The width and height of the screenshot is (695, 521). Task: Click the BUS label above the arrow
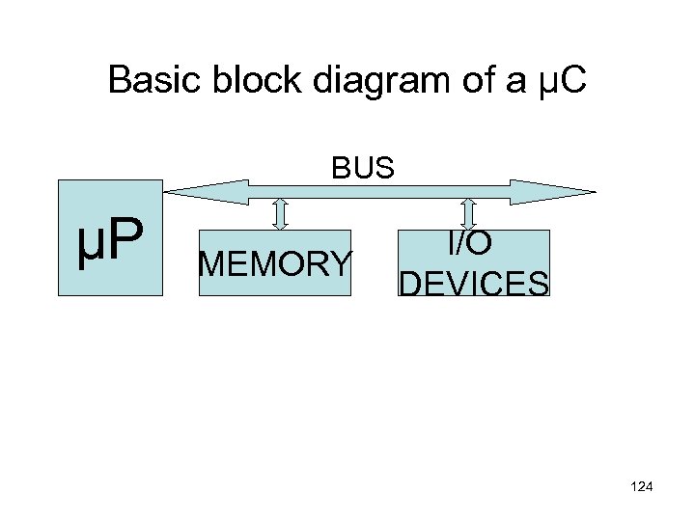pos(364,169)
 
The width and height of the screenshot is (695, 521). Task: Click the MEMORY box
pos(275,261)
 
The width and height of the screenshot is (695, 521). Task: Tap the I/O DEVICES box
pos(473,261)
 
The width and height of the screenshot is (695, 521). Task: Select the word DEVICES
pos(473,283)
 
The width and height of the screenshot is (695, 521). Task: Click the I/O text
pos(473,244)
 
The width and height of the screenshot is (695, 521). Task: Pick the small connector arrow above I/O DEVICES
pos(469,214)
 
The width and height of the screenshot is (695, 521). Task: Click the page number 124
pos(640,486)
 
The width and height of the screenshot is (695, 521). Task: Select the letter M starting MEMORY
pos(209,262)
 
